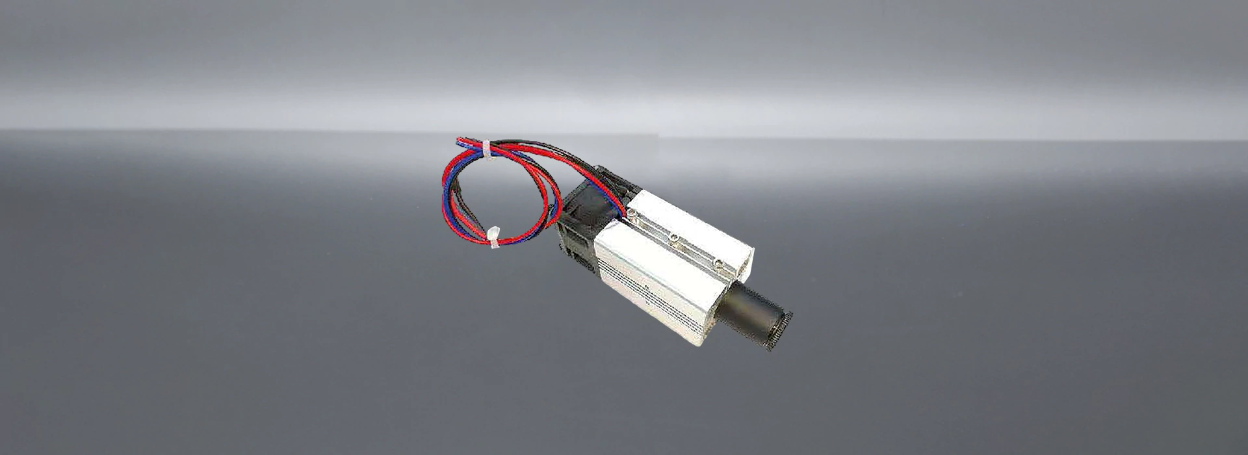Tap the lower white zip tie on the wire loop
tap(493, 237)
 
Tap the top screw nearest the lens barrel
tap(718, 261)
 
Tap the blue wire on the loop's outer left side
tap(448, 188)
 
